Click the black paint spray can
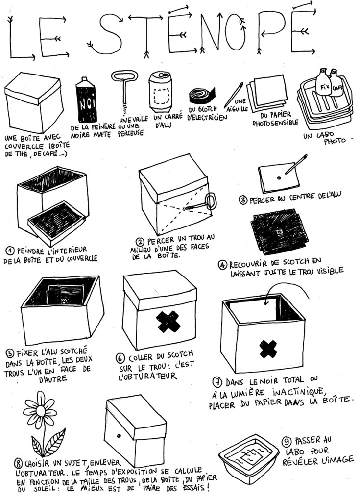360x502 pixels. [86, 100]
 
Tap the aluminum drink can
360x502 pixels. [161, 91]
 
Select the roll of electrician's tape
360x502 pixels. [202, 96]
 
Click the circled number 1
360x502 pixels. [10, 251]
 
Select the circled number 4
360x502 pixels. [222, 265]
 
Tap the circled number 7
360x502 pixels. [217, 382]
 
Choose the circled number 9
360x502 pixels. [287, 442]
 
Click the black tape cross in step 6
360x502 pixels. [168, 322]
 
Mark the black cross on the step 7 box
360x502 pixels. [268, 349]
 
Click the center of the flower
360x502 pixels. [40, 410]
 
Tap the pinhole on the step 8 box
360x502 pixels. [119, 436]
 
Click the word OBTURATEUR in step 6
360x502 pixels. [148, 376]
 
